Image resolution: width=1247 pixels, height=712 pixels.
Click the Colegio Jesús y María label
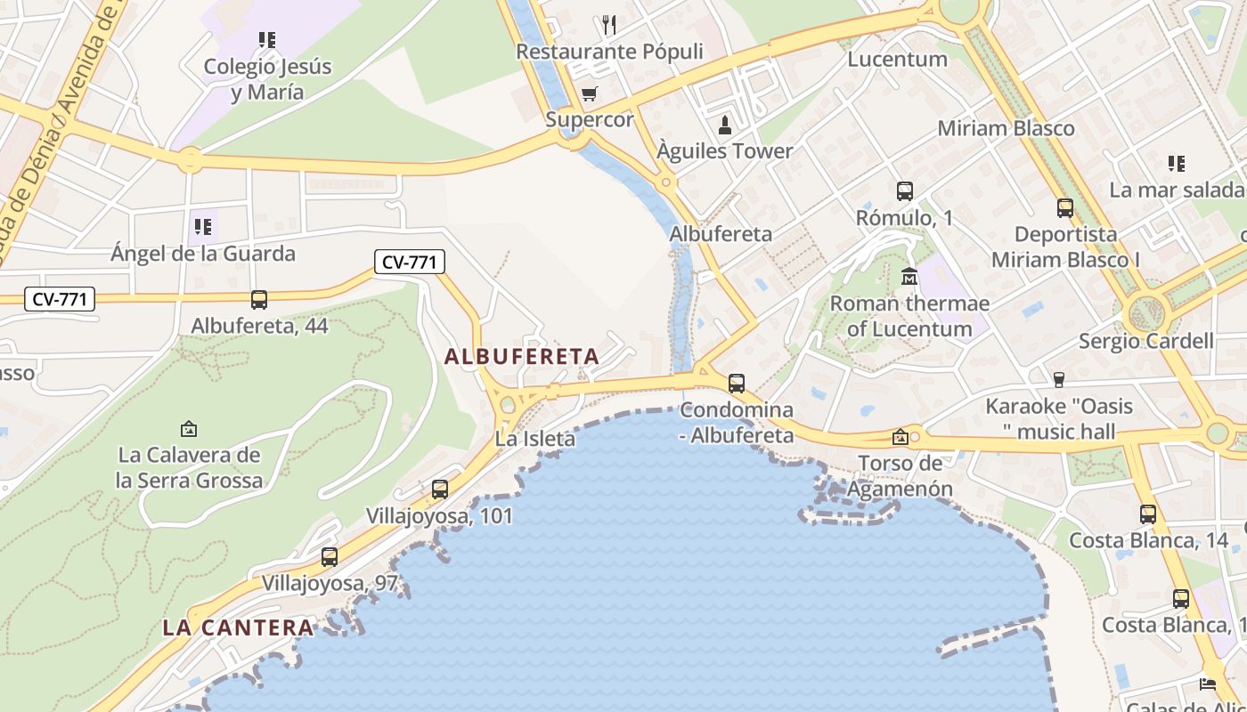[267, 79]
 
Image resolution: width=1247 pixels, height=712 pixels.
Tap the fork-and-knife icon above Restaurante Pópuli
[609, 24]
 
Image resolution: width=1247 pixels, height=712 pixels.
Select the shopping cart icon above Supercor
[589, 93]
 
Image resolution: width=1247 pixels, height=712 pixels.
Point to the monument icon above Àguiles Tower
[725, 125]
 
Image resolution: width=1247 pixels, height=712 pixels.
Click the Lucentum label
[897, 60]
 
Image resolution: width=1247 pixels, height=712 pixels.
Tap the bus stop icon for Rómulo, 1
[904, 190]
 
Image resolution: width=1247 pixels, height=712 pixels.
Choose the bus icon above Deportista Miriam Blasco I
[1065, 208]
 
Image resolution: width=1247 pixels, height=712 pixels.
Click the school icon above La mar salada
[1177, 164]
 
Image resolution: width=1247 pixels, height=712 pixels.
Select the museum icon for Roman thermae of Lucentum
[909, 277]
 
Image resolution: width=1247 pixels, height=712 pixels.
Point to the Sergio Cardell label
[1145, 341]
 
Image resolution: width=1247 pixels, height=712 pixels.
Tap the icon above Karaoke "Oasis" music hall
[1058, 380]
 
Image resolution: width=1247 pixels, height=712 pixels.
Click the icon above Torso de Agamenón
[901, 437]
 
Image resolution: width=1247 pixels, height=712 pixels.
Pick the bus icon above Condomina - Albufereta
[737, 384]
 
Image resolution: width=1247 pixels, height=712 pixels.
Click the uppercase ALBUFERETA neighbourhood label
[521, 357]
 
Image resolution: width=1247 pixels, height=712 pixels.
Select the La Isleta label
[534, 439]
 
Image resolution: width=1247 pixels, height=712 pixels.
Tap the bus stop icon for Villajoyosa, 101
[439, 489]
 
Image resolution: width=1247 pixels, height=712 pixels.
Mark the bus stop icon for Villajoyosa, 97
[330, 557]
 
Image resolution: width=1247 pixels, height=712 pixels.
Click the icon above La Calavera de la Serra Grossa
[189, 429]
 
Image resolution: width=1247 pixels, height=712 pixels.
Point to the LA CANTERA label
[238, 627]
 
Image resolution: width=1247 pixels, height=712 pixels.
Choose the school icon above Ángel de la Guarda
[203, 227]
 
